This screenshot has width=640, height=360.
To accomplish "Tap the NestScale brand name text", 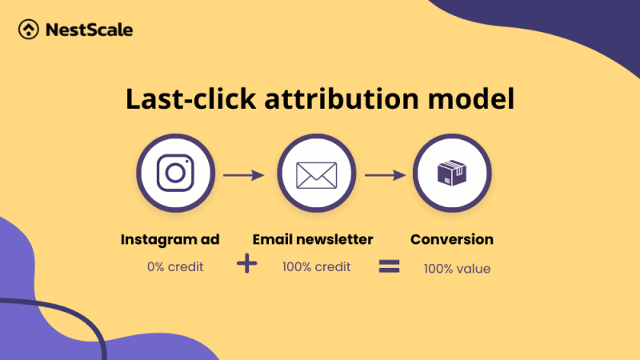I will [x=88, y=30].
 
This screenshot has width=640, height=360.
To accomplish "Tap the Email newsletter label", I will [x=313, y=239].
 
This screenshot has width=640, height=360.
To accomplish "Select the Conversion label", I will [x=452, y=239].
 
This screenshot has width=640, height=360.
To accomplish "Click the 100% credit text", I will [x=316, y=266].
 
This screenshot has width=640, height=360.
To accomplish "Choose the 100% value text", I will [x=457, y=269].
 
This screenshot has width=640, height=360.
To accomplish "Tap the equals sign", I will [x=389, y=267].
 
